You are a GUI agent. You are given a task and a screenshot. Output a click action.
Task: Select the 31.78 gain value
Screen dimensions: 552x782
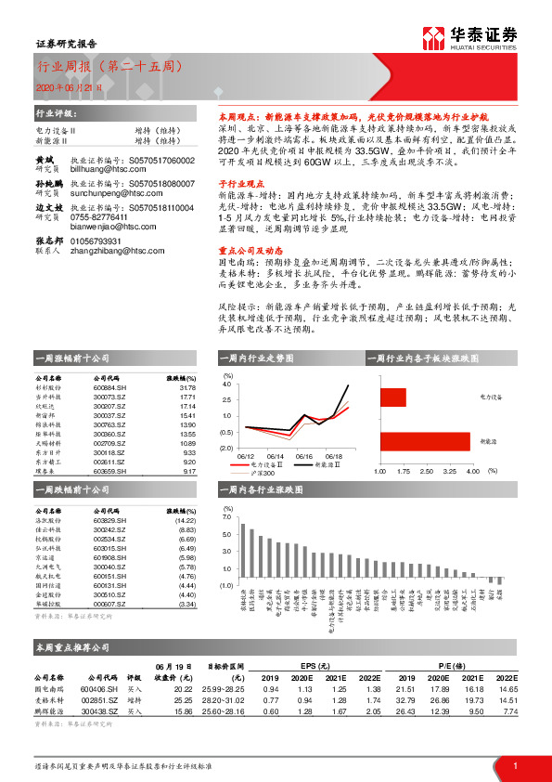tap(188, 387)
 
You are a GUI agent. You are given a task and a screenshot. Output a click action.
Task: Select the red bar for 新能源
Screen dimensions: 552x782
tap(425, 441)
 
